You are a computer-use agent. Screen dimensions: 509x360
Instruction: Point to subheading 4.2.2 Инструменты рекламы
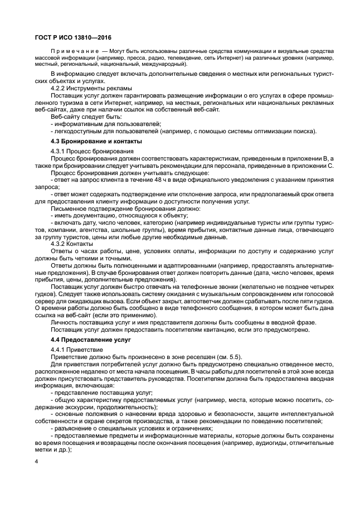[91, 88]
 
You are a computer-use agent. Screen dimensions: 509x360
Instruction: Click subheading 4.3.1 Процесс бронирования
[92, 151]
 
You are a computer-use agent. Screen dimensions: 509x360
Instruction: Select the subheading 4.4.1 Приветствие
[81, 349]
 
